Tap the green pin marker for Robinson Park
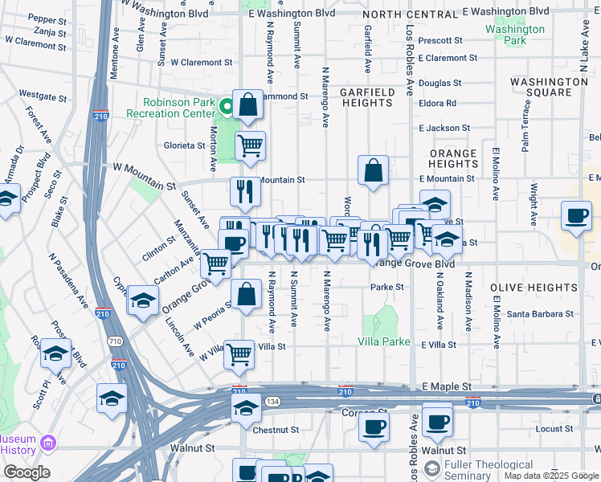tap(227, 104)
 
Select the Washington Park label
tap(515, 35)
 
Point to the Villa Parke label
tap(384, 341)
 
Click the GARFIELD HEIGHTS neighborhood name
tap(367, 98)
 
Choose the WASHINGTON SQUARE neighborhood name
tap(549, 88)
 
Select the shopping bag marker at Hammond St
tap(248, 105)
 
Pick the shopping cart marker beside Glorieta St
tap(250, 147)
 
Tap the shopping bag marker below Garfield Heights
tap(373, 170)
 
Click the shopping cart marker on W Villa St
tap(239, 353)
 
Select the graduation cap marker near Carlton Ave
tap(142, 300)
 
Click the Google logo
tap(27, 472)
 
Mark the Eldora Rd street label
tap(438, 104)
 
